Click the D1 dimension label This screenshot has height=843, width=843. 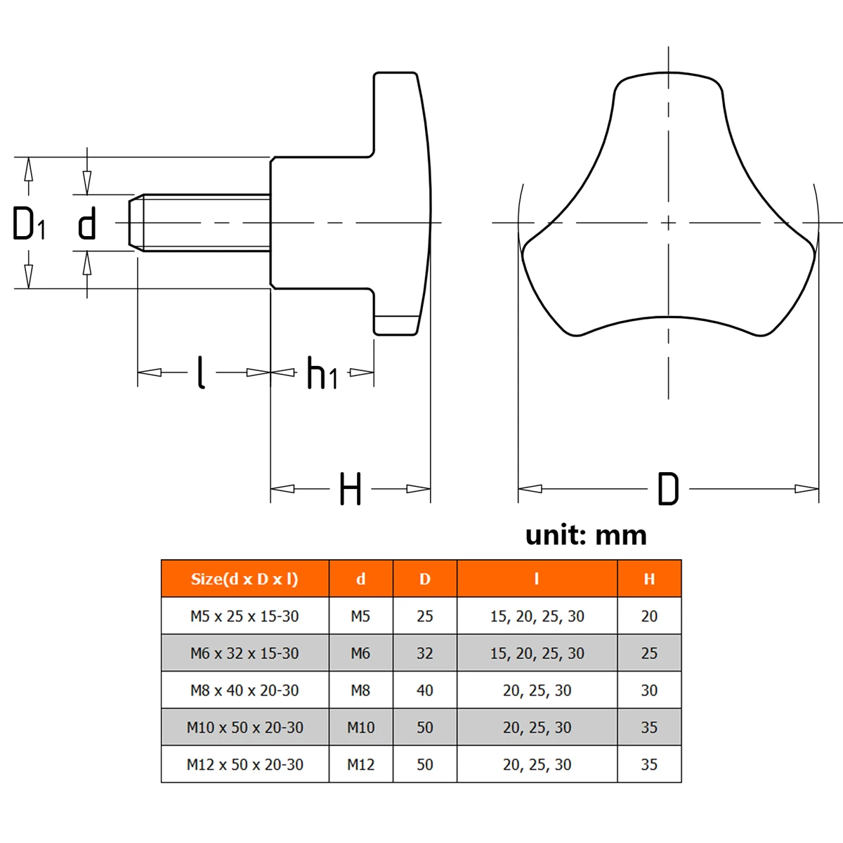pyautogui.click(x=29, y=223)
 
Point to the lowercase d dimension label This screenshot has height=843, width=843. pyautogui.click(x=86, y=223)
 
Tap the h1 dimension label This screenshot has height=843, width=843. pyautogui.click(x=322, y=373)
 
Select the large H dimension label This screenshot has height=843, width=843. pyautogui.click(x=351, y=489)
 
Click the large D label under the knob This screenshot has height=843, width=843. pyautogui.click(x=668, y=489)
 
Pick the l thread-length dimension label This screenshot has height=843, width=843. pyautogui.click(x=201, y=372)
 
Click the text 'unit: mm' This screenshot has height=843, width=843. pyautogui.click(x=586, y=535)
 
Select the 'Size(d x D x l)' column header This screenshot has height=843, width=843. pyautogui.click(x=244, y=579)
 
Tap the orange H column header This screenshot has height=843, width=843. pyautogui.click(x=649, y=579)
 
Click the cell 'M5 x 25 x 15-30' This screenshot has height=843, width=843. pyautogui.click(x=244, y=616)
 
